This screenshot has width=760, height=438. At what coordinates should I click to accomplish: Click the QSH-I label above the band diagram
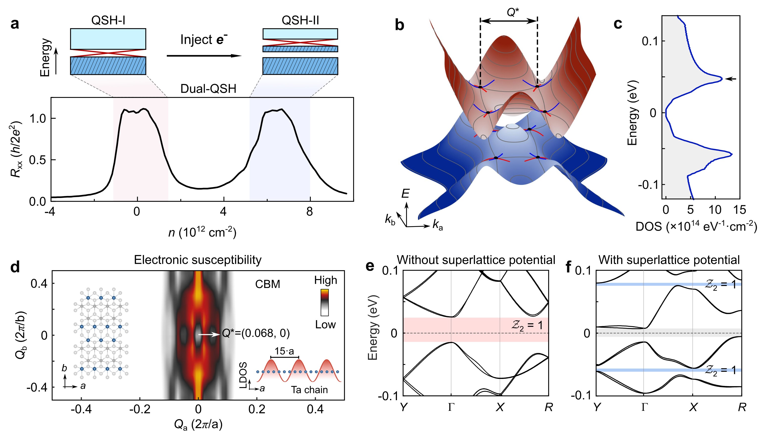108,21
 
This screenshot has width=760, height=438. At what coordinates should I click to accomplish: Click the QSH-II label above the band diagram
300,21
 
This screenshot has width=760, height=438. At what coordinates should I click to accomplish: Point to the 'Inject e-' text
204,40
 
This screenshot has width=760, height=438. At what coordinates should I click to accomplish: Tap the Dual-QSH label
208,89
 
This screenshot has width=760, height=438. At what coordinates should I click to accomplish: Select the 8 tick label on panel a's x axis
310,212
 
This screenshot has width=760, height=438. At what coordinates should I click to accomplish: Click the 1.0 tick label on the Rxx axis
38,119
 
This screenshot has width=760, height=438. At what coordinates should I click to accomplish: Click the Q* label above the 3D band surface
513,12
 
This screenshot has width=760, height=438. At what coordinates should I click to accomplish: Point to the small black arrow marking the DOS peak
731,79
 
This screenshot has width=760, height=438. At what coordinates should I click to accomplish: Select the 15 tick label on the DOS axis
739,210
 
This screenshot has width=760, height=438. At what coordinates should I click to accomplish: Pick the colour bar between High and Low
325,302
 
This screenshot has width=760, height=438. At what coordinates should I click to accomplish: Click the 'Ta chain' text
309,390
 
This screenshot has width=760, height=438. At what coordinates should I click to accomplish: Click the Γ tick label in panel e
451,407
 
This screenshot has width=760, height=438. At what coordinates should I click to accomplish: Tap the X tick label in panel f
693,407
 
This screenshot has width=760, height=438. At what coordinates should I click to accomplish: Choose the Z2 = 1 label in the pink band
527,325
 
